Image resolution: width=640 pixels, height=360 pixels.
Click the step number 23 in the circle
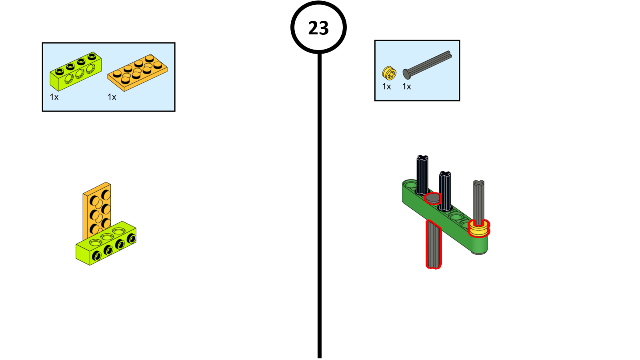(x=318, y=28)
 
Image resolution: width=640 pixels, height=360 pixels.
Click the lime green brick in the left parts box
(x=75, y=72)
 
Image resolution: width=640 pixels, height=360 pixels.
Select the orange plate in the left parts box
(x=137, y=72)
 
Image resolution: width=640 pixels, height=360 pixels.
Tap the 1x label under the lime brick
(x=54, y=97)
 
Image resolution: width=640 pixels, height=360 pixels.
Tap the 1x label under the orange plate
(x=112, y=97)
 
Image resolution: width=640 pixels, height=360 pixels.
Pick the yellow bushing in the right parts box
(x=389, y=73)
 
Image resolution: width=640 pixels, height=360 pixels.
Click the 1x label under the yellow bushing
(x=386, y=87)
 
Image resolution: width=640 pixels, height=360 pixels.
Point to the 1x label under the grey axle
(x=407, y=87)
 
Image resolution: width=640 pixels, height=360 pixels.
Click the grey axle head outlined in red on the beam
(x=432, y=198)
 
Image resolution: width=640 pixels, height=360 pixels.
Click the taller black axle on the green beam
(x=422, y=174)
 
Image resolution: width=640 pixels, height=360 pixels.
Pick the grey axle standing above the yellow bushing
(x=479, y=200)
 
